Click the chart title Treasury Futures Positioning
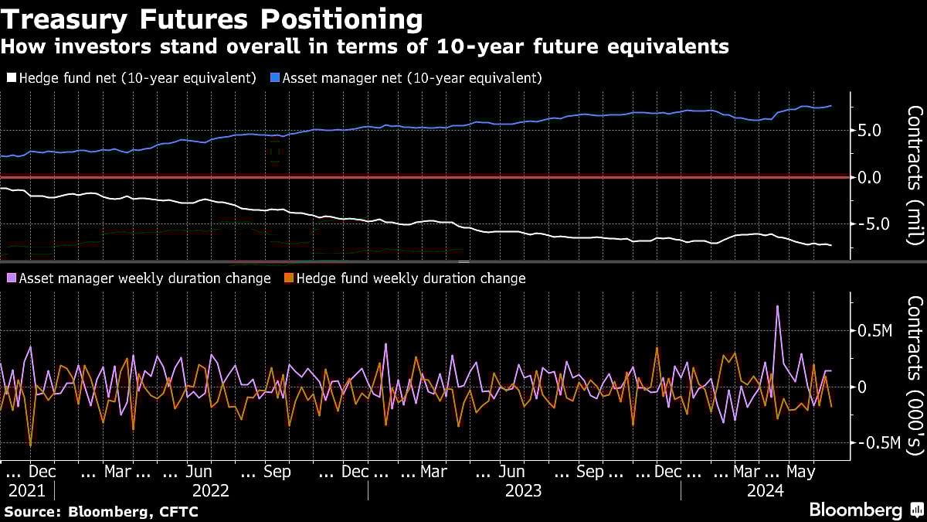click(x=212, y=18)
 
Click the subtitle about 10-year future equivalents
click(x=364, y=46)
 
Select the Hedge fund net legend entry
click(x=131, y=78)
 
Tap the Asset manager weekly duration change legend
click(x=138, y=278)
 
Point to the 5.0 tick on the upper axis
click(x=869, y=131)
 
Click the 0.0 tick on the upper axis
click(x=869, y=177)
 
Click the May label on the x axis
click(x=800, y=471)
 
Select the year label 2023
click(x=523, y=490)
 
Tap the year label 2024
click(x=765, y=490)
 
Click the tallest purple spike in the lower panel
click(x=777, y=307)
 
